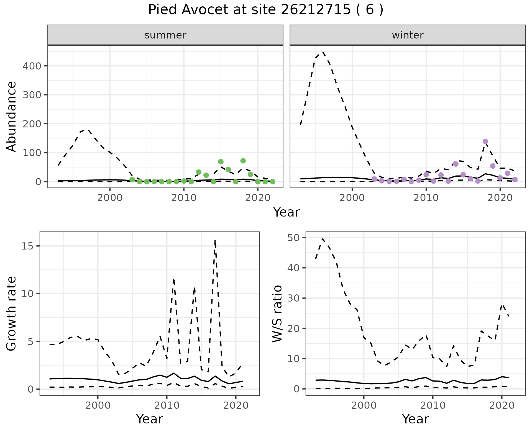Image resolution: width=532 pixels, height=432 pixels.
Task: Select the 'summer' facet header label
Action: point(165,35)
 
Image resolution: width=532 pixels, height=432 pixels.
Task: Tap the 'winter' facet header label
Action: point(408,35)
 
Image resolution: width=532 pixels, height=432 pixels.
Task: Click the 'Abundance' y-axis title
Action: point(12,116)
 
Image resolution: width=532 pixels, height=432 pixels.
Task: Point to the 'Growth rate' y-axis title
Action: point(12,313)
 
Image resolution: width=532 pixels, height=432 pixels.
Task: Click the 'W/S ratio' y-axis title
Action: point(277,313)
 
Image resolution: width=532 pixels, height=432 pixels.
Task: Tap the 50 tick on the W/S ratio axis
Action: point(293,238)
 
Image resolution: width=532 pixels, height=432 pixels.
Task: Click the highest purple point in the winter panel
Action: point(485,142)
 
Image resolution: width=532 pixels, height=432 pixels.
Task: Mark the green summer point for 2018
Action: point(243,161)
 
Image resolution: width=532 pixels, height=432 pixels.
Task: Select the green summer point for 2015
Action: point(221,162)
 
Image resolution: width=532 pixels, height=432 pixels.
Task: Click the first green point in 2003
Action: point(132,180)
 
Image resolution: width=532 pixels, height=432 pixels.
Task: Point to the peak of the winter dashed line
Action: point(323,52)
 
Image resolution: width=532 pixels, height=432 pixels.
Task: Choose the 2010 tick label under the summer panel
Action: point(184,198)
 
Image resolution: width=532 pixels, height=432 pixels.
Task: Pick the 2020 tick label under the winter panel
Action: point(500,198)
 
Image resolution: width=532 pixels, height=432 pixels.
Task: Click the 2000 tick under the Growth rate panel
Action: point(98,405)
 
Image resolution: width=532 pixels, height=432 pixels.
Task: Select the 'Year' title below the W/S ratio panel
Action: point(415,419)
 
